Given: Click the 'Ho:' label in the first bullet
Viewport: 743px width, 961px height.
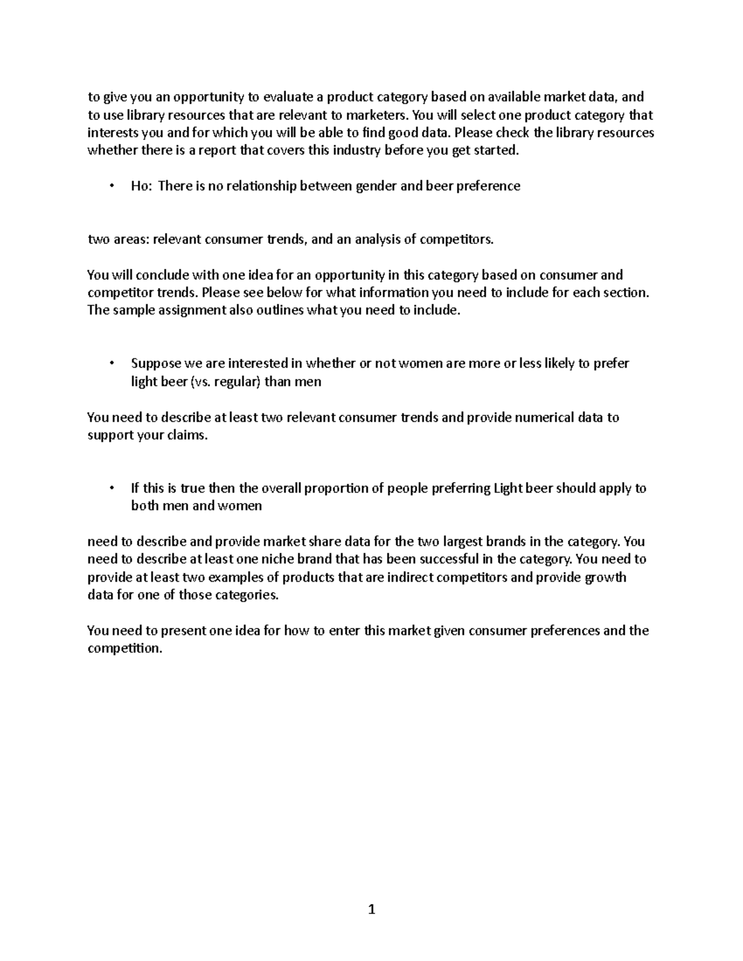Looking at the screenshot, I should point(141,186).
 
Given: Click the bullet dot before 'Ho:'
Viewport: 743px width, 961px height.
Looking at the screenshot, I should point(111,186).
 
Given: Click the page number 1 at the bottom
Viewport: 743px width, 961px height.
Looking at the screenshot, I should point(371,909).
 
